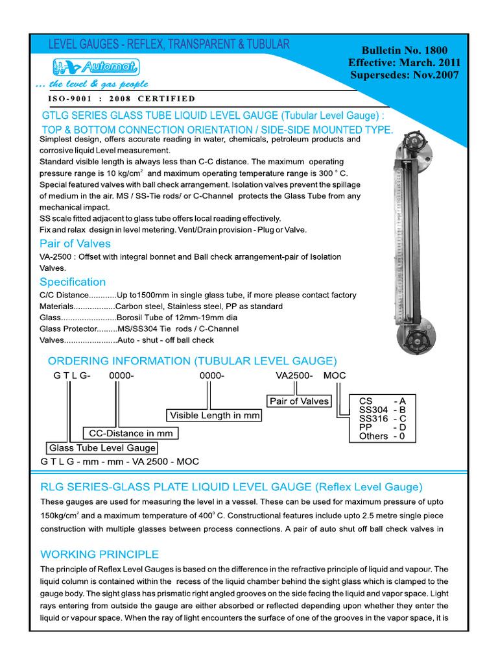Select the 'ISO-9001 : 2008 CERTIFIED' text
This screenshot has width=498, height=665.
pyautogui.click(x=121, y=99)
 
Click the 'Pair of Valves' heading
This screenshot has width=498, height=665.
pyautogui.click(x=75, y=244)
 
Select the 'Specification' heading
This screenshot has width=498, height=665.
pyautogui.click(x=72, y=282)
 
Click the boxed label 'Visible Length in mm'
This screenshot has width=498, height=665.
pyautogui.click(x=215, y=415)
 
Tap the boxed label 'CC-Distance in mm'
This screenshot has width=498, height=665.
pyautogui.click(x=131, y=433)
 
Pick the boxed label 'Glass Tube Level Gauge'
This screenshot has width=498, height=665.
pyautogui.click(x=102, y=448)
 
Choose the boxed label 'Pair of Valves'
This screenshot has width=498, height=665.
pyautogui.click(x=299, y=401)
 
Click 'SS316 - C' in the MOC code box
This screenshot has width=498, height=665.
pyautogui.click(x=383, y=419)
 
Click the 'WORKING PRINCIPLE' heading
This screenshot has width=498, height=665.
pyautogui.click(x=99, y=554)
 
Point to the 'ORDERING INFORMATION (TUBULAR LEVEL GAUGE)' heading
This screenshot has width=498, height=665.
pyautogui.click(x=193, y=361)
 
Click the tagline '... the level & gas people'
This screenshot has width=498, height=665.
pyautogui.click(x=92, y=84)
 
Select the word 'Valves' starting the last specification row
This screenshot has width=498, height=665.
pyautogui.click(x=53, y=340)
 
